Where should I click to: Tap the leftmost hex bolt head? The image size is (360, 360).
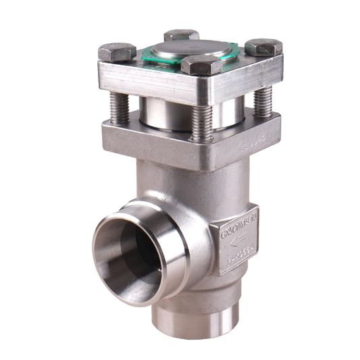pos(117,51)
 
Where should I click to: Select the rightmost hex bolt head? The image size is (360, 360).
pos(263,47)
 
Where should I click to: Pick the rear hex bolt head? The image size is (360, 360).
pos(181,35)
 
